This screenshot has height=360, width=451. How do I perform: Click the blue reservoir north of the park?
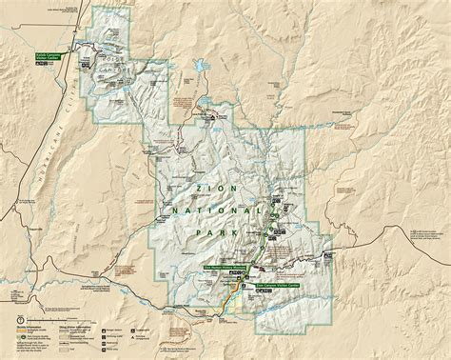pyautogui.click(x=202, y=68)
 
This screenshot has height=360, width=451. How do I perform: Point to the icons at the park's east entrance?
pyautogui.click(x=327, y=256)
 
